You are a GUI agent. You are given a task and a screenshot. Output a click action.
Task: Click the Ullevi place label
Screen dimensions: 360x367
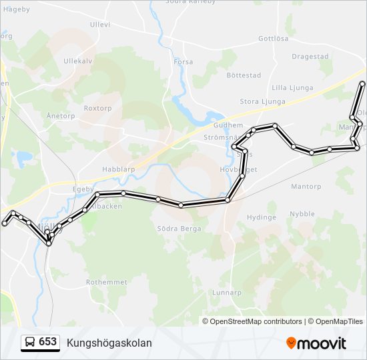[x=99, y=25]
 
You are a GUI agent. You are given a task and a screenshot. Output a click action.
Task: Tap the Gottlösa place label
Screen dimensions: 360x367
[x=273, y=39]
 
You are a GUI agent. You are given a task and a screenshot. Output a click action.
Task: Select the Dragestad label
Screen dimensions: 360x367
[x=310, y=57]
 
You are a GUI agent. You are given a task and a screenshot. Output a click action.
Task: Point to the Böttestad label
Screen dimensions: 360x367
[x=244, y=75]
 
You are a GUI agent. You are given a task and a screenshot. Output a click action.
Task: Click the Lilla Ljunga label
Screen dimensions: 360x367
[x=292, y=87]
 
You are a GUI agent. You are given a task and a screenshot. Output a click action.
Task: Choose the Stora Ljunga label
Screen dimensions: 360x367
[x=263, y=102]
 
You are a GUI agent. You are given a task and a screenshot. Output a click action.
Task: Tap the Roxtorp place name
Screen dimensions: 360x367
[x=98, y=107]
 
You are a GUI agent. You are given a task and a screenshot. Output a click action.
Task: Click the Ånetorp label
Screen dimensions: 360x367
[x=61, y=115]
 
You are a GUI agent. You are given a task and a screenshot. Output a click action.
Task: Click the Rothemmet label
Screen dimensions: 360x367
[x=107, y=282]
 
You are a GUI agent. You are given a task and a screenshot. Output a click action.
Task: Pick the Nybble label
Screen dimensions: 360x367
[x=302, y=214]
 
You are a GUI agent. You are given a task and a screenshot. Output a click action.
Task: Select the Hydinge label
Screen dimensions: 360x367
[x=262, y=217]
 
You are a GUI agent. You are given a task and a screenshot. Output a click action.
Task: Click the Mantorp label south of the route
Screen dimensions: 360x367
[x=306, y=187]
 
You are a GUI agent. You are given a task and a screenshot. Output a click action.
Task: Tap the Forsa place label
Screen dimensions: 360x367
[x=183, y=62]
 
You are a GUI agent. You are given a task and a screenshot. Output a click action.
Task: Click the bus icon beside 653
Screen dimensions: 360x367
[x=30, y=343]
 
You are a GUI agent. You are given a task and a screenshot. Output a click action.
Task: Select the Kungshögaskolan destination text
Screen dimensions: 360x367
[x=109, y=343]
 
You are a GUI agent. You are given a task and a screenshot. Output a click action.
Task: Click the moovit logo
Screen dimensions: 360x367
[x=316, y=343]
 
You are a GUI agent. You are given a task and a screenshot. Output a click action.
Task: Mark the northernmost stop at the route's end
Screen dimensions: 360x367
[x=362, y=84]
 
